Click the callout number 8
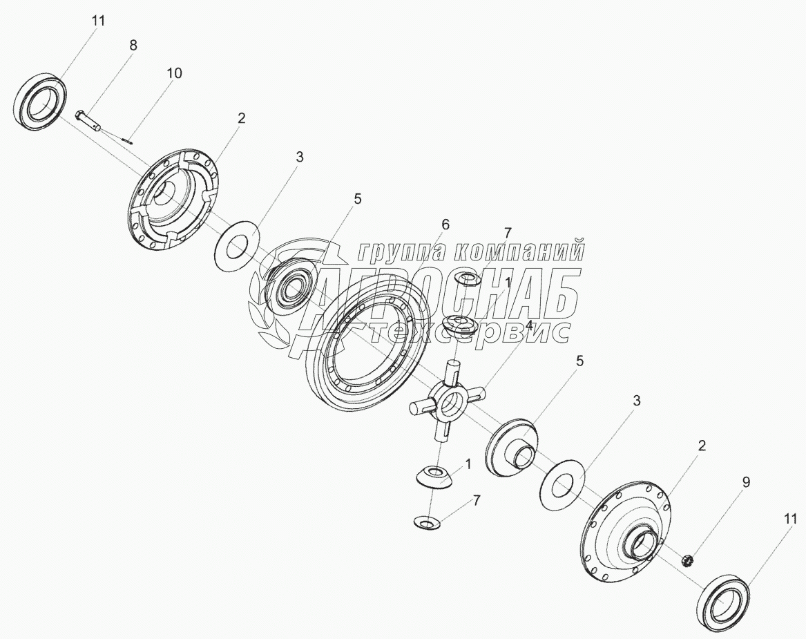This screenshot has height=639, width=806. (133, 45)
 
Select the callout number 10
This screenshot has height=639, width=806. (174, 73)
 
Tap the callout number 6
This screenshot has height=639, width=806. (445, 224)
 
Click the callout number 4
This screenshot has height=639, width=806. (529, 325)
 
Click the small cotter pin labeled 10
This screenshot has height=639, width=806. (127, 140)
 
